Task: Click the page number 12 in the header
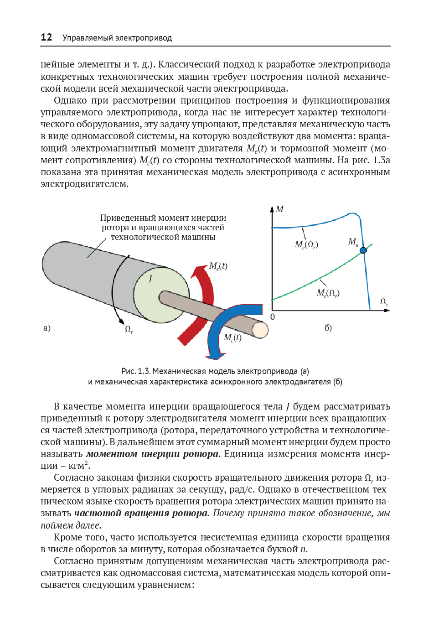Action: click(x=46, y=37)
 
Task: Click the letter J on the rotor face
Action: click(x=150, y=279)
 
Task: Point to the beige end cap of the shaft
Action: click(x=260, y=330)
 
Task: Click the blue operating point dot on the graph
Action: click(x=363, y=250)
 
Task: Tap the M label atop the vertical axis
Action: click(x=280, y=209)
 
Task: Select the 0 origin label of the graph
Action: click(x=273, y=317)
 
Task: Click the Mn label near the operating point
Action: click(x=353, y=242)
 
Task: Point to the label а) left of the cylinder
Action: click(x=47, y=328)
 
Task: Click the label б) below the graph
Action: click(x=328, y=328)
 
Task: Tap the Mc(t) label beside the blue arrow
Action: click(x=232, y=337)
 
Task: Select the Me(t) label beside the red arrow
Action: click(x=218, y=266)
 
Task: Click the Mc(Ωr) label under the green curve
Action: click(x=328, y=293)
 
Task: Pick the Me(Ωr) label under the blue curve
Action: click(x=306, y=244)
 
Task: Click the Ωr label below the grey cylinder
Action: click(x=129, y=329)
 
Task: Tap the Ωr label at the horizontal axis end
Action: click(x=384, y=302)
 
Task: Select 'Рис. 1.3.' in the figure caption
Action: click(x=136, y=371)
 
